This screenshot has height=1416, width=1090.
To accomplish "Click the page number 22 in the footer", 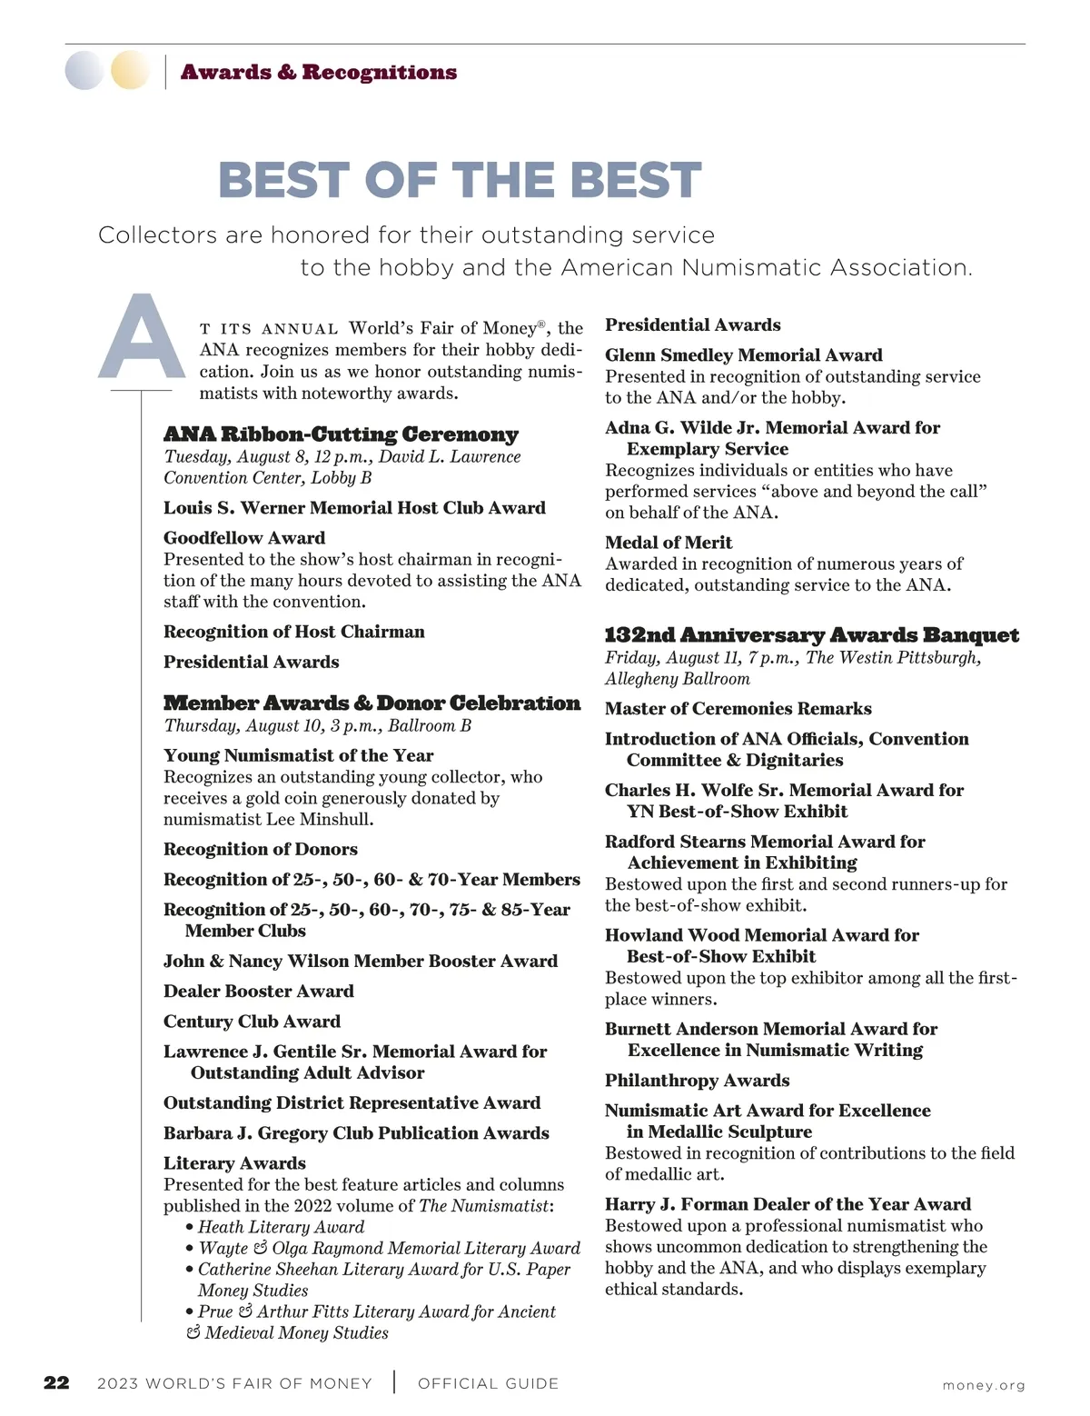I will (x=56, y=1383).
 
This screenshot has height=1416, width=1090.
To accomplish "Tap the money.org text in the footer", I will (x=984, y=1385).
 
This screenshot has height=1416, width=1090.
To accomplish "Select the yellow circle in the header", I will (x=130, y=70).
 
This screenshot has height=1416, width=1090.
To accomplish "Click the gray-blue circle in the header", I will (x=84, y=70).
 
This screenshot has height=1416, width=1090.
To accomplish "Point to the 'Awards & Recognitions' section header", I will (x=319, y=72).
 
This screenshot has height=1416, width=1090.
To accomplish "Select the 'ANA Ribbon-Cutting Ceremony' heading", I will (x=341, y=434).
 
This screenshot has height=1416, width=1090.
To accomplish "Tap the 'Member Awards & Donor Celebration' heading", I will (x=372, y=703).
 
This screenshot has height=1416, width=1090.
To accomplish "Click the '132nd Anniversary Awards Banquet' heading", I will (x=812, y=635).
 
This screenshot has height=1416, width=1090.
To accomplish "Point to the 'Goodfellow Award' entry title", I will (x=244, y=538).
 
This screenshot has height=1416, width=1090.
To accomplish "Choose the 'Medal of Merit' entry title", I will (x=669, y=543).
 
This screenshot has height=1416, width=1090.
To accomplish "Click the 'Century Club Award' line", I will (x=252, y=1022).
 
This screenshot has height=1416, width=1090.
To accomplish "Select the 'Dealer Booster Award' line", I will (x=259, y=992).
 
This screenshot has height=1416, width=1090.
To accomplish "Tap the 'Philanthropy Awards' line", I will (x=697, y=1081).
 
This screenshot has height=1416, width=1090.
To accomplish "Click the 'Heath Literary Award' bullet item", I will (x=281, y=1227).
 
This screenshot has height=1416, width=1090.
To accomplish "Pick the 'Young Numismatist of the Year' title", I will (x=298, y=756).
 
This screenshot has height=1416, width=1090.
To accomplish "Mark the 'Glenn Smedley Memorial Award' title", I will (x=743, y=355).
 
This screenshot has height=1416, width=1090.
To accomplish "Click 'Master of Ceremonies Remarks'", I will (x=738, y=709).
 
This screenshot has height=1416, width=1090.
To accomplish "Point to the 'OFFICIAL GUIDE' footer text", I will (x=488, y=1384).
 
